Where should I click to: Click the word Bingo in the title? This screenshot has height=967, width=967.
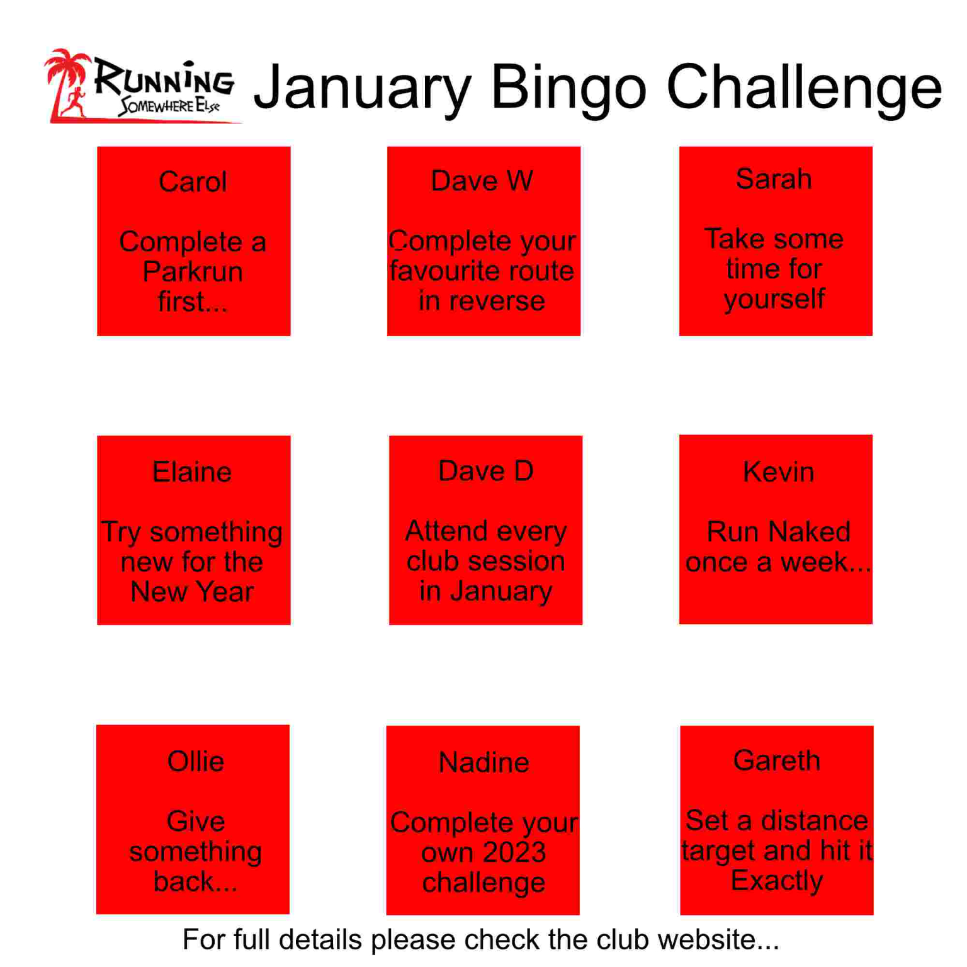(568, 88)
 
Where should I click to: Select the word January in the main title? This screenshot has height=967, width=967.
(363, 89)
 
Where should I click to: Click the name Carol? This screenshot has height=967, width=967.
(193, 182)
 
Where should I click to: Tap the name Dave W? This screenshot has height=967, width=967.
(482, 181)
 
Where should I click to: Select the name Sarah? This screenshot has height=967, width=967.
(774, 179)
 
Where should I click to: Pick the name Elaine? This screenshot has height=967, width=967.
(192, 472)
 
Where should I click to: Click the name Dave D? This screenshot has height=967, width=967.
(485, 472)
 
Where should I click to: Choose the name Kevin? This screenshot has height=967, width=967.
(778, 472)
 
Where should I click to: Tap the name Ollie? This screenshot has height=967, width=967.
(195, 762)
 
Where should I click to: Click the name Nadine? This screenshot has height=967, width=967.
(483, 763)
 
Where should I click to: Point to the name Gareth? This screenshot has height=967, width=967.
(777, 761)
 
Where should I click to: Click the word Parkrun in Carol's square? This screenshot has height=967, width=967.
(193, 272)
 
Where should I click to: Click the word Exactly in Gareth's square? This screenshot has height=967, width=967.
(777, 881)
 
